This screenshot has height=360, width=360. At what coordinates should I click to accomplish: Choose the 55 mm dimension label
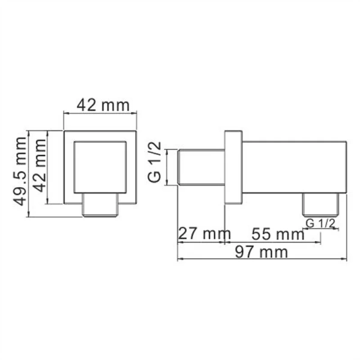277,233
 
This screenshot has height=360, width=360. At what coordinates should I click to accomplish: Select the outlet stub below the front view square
101,205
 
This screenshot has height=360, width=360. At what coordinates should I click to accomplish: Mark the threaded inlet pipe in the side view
202,167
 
